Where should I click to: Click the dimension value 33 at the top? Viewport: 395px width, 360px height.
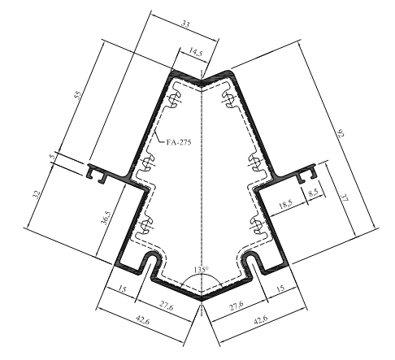pos(185,24)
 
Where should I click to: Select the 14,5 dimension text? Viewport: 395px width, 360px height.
pos(195,52)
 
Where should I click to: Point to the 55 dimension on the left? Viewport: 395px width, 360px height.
pos(78,96)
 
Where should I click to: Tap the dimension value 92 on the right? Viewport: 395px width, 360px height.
pos(341,134)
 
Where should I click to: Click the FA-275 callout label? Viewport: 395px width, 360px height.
pos(179,142)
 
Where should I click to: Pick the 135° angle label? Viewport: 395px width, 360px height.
pos(202,270)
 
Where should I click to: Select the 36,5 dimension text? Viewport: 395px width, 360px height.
pos(105,218)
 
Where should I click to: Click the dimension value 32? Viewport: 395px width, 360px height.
pos(37,194)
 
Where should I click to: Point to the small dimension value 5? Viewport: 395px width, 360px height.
pos(53,156)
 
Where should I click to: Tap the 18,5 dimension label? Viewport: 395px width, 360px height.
pos(285,204)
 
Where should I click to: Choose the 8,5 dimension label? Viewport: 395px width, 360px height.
pos(313,193)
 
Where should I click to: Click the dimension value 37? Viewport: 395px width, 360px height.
pos(345,197)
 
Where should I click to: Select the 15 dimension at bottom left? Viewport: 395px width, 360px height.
pos(122,289)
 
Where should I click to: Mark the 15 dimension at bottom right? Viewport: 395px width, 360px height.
pos(281,288)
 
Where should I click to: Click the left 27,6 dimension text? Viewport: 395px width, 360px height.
pos(166,306)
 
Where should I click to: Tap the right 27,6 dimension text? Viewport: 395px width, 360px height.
pos(237,306)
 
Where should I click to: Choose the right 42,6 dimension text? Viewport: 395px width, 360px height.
pos(261,319)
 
